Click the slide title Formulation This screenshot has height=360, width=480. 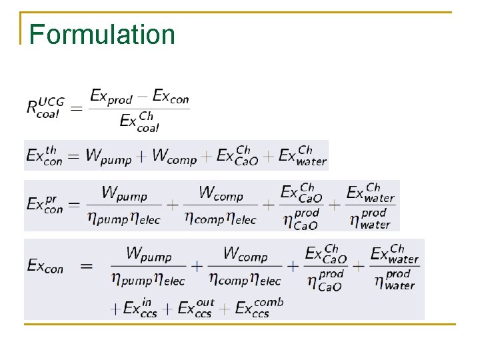point(102,35)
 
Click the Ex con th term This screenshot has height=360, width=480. point(45,155)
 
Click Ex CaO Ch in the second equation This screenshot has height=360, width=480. point(234,155)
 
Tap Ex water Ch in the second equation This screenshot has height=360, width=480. point(303,155)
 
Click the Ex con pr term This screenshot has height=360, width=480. point(45,204)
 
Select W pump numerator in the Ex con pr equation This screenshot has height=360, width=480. point(124,193)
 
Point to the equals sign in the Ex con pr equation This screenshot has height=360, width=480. point(74,204)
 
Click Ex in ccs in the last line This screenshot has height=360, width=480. point(141,308)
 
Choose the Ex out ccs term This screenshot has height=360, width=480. point(195,308)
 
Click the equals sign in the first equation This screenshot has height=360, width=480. point(76,107)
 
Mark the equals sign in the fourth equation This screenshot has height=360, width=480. point(87,266)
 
